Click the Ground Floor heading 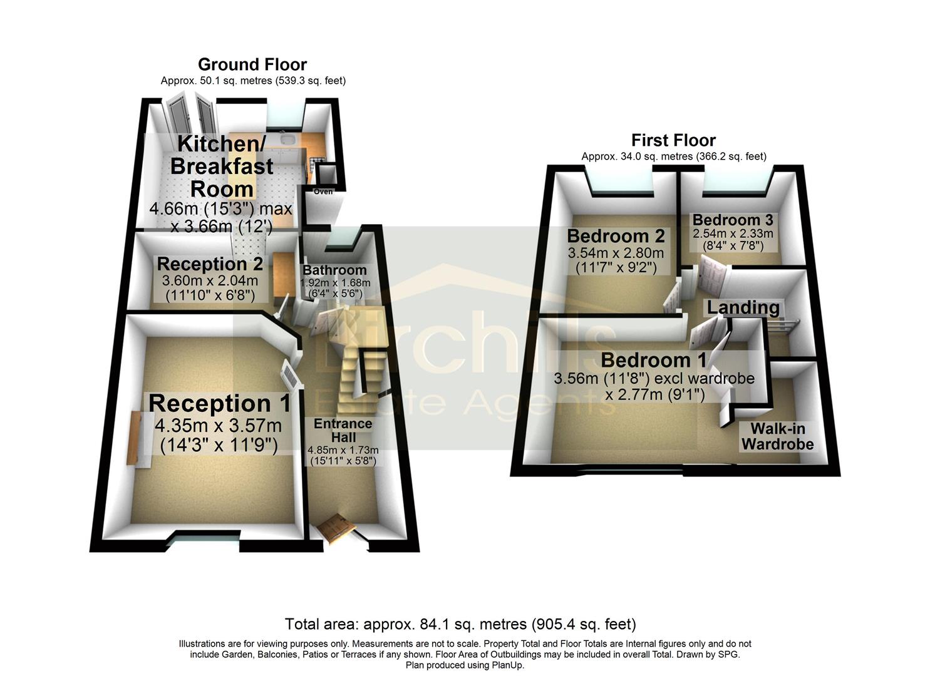252,64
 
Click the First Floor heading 673,140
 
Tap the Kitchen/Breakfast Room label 221,166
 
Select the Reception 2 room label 210,264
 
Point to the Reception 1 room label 219,404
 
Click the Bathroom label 334,270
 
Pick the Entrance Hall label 343,430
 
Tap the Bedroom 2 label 615,236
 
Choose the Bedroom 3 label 732,220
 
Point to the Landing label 743,308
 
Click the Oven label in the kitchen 323,192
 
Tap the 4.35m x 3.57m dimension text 219,426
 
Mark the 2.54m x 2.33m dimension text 732,233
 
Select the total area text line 460,624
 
